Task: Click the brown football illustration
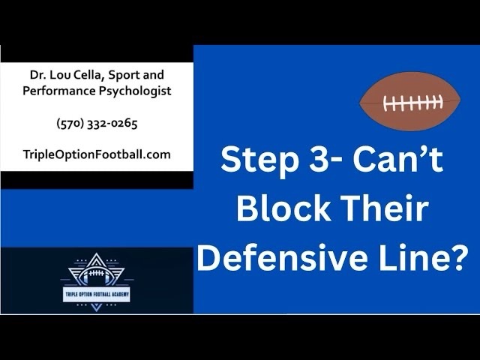410,102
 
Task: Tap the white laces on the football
413,103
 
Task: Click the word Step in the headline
259,160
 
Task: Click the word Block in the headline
283,208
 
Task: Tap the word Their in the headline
384,208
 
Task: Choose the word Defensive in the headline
283,257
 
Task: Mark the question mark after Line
457,257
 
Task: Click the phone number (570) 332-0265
97,123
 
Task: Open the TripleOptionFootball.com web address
97,154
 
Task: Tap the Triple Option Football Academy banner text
97,295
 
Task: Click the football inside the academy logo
97,274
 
